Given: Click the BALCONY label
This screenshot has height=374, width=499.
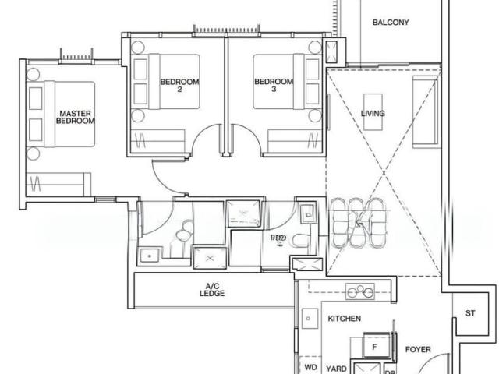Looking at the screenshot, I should pyautogui.click(x=390, y=23).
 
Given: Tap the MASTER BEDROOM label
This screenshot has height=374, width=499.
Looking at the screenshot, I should pyautogui.click(x=76, y=118).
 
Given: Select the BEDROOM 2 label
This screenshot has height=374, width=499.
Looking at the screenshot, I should pyautogui.click(x=180, y=85).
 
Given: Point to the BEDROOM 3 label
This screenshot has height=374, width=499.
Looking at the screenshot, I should pyautogui.click(x=274, y=85).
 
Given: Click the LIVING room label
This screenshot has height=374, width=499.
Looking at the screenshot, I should pyautogui.click(x=373, y=114).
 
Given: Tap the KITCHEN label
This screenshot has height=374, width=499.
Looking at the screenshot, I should pyautogui.click(x=344, y=319).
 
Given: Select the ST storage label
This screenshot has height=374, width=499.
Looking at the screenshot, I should pyautogui.click(x=470, y=313).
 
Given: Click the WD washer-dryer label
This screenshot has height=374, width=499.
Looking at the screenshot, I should pyautogui.click(x=310, y=366).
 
